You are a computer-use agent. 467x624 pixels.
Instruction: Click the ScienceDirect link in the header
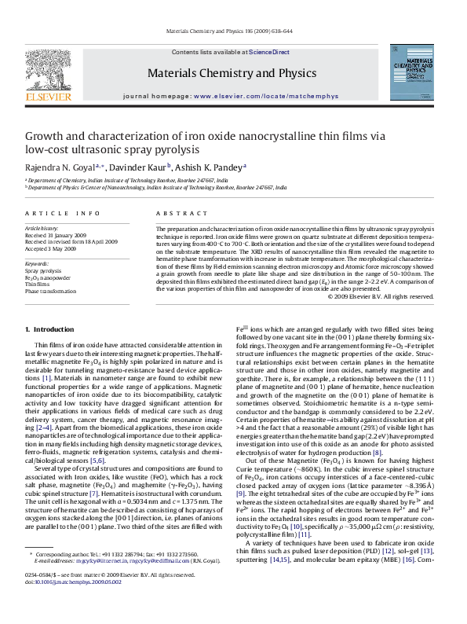(x=269, y=52)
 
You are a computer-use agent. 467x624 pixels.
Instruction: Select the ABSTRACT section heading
(x=177, y=214)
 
